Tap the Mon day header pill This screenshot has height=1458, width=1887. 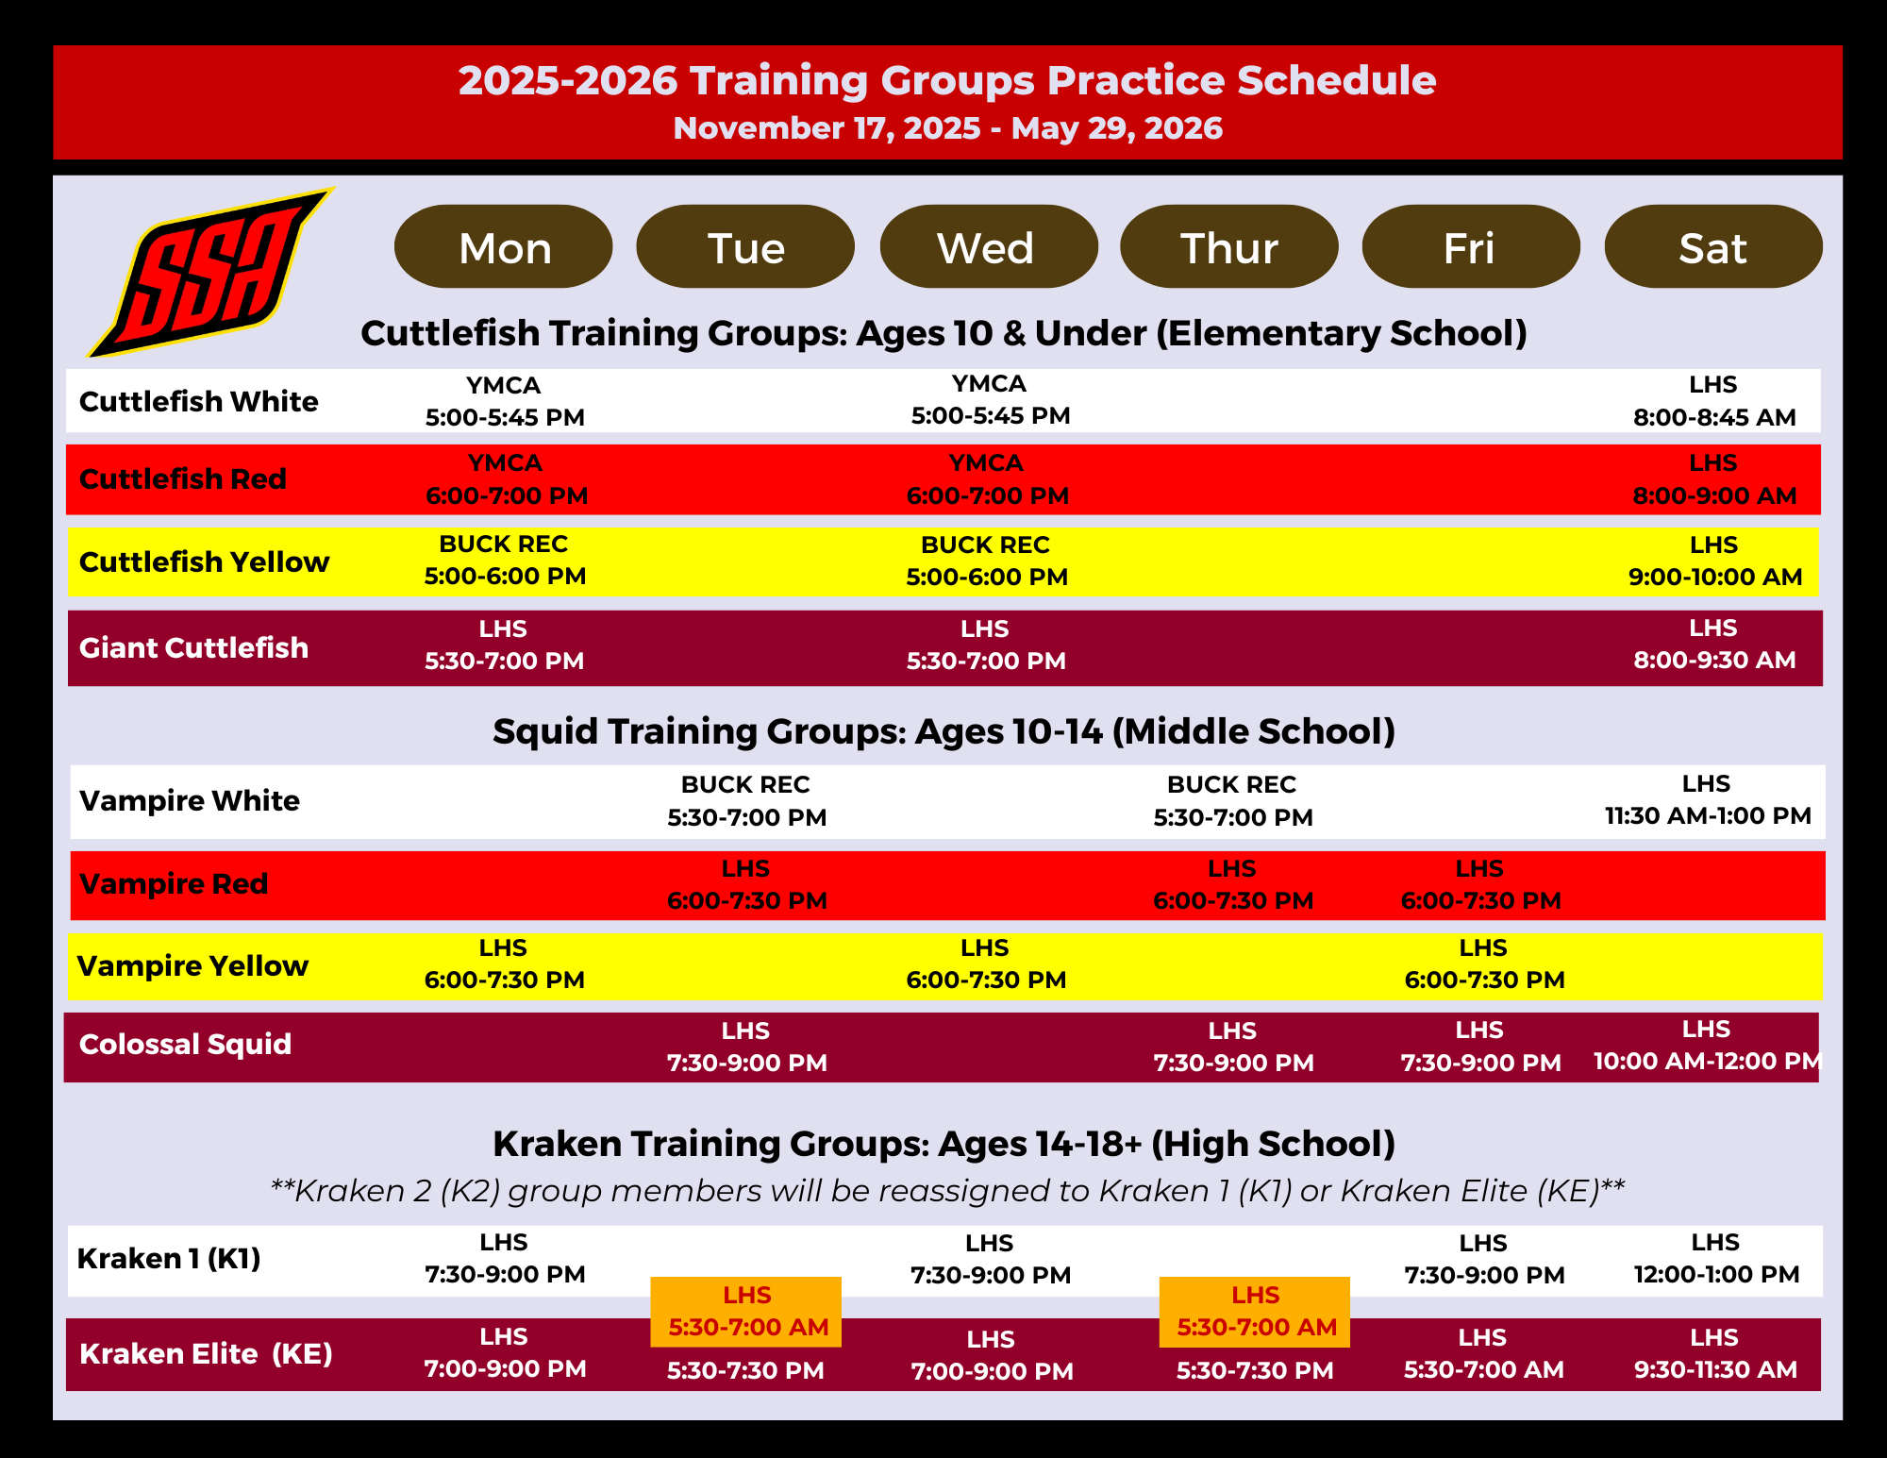[504, 246]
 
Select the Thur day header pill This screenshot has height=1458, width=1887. [1229, 246]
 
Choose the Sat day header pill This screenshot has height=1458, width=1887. [1713, 246]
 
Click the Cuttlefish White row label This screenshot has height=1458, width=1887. [198, 401]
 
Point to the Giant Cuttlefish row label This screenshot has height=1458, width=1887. [193, 647]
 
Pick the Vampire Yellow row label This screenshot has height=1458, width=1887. [192, 965]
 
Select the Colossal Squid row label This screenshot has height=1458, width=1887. [185, 1044]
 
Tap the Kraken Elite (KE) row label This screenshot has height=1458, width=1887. [206, 1353]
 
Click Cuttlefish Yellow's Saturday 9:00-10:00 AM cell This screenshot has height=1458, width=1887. [1715, 561]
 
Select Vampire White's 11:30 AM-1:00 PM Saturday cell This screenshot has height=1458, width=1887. [1708, 799]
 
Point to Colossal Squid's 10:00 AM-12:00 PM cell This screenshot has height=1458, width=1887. [1707, 1045]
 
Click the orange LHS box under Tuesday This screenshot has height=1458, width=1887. [746, 1312]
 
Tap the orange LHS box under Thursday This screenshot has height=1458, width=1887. [1255, 1312]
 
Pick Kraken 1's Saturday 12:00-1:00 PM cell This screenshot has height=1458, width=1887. [1716, 1258]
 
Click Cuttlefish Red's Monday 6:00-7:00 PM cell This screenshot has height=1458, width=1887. [507, 478]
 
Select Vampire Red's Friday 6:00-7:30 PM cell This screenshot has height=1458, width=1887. [1480, 884]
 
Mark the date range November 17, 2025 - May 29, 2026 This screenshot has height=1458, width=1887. [948, 127]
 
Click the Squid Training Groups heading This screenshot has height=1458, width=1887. [944, 731]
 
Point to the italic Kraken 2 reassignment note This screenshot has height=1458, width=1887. [947, 1191]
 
